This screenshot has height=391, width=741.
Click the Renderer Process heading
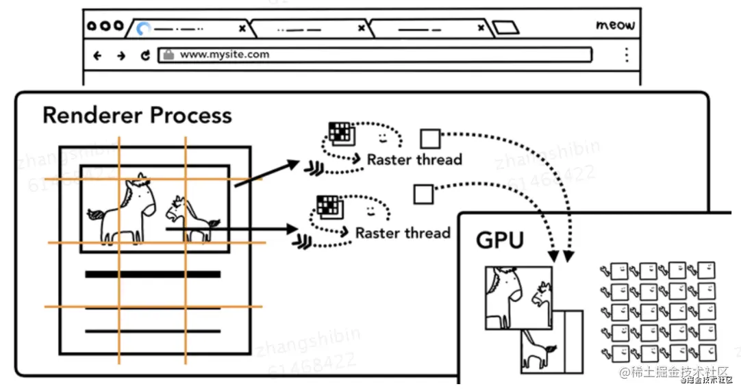pos(137,115)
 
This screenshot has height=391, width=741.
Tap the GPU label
pos(500,240)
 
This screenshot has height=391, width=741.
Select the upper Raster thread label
pos(414,160)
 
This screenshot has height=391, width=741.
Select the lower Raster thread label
pos(403,233)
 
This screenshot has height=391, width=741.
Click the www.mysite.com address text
pos(224,55)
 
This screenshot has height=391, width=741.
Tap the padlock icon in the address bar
pos(167,55)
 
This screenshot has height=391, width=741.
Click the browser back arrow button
pos(97,55)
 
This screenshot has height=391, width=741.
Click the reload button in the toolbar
pos(145,55)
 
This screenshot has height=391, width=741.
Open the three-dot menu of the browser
pos(626,55)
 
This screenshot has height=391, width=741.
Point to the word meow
pos(615,25)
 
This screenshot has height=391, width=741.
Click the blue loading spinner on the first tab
pos(143,29)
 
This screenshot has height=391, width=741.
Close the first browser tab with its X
pos(242,29)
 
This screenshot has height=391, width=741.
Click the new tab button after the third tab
pos(505,28)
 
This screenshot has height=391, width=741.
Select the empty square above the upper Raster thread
pos(430,139)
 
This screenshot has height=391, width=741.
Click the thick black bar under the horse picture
pos(153,275)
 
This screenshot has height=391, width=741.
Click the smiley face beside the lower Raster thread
pos(370,207)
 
